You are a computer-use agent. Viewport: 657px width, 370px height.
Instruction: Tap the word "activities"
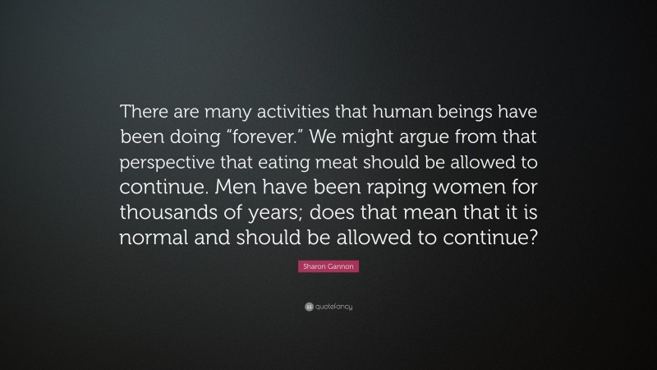click(281, 112)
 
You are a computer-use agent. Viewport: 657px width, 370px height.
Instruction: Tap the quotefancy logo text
click(333, 307)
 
